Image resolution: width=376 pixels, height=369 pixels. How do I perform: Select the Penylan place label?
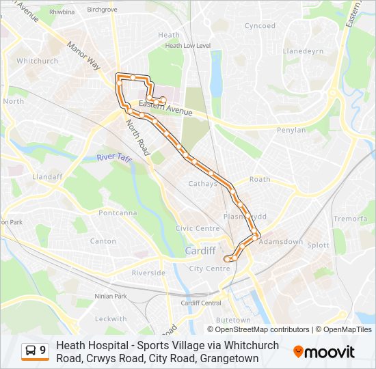291,130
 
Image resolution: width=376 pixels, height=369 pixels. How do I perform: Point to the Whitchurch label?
37,61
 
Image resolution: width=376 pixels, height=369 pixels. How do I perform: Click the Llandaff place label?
47,176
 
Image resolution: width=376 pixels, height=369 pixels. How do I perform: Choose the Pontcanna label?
118,213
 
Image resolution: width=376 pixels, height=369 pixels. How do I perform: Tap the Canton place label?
103,241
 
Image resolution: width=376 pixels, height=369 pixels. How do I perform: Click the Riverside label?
148,273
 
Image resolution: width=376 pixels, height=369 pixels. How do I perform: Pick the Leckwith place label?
111,318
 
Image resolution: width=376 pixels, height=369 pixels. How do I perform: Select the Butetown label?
233,320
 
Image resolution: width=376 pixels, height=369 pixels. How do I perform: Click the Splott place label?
318,245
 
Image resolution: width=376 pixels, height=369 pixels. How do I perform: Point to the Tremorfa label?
350,219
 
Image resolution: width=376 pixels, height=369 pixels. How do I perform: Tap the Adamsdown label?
282,242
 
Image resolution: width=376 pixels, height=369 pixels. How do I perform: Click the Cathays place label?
202,184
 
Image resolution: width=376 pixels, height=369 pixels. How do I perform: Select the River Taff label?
113,157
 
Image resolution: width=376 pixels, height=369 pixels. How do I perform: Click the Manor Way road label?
83,55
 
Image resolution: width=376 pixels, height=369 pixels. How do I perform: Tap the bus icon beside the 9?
30,351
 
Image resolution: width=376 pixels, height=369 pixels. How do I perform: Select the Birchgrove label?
103,10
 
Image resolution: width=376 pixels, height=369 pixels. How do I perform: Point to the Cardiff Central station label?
201,303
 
